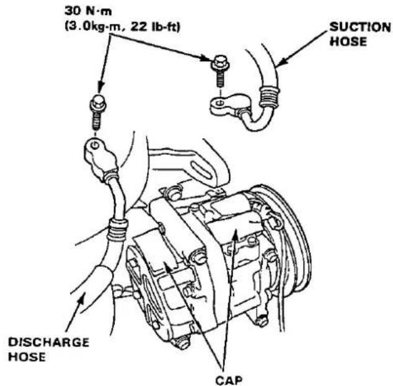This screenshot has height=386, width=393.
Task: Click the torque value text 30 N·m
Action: point(88,11)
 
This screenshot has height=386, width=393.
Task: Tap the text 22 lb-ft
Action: point(155,27)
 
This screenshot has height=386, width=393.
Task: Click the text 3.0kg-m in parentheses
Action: point(95,27)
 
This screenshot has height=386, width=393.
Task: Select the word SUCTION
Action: point(360,27)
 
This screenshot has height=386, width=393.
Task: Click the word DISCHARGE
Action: point(48,343)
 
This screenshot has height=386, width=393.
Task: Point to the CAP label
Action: point(229,380)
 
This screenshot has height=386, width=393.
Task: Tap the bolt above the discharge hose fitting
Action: point(97,112)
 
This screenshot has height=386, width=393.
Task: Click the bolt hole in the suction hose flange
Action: point(220,102)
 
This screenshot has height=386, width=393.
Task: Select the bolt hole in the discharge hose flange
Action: point(95,145)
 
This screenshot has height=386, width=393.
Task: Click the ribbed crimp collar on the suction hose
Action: point(269,97)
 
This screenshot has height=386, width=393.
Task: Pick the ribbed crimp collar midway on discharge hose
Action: point(117,230)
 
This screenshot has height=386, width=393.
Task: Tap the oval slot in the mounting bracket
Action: point(201,169)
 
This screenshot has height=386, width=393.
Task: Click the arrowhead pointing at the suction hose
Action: point(281,62)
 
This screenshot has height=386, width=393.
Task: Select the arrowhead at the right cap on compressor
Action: point(235,235)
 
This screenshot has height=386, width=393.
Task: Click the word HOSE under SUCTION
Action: point(348,42)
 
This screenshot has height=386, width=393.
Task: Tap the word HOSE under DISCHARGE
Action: point(27,357)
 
